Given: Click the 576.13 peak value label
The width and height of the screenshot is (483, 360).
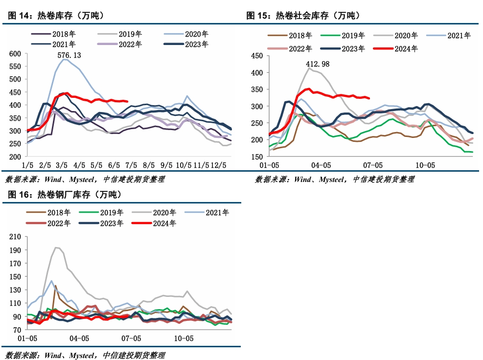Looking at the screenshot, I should [69, 55].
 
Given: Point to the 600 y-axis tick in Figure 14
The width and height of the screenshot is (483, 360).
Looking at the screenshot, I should [15, 54].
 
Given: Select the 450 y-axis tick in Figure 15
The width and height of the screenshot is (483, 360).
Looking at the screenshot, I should [257, 56].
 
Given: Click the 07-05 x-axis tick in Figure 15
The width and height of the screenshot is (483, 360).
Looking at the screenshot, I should [373, 166].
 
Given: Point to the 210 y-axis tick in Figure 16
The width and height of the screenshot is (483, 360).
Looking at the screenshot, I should [15, 237].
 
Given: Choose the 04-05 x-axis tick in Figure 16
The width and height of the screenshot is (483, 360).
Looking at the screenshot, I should [79, 338].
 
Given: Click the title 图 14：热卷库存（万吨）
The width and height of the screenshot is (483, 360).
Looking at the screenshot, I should [57, 16].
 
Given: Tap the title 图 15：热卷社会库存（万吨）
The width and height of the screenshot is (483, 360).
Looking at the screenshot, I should [303, 16].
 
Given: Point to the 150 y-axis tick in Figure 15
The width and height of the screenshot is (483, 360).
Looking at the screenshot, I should [257, 157].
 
